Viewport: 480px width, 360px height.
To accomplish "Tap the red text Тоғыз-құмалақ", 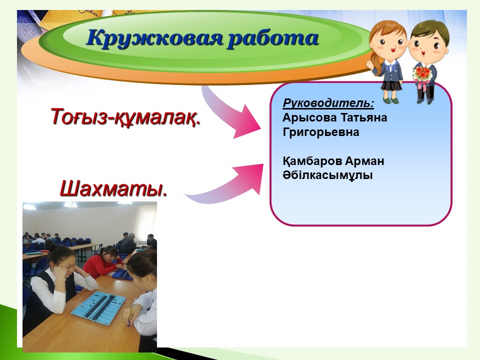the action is click(125, 117).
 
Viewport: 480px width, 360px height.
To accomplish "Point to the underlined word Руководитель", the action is click(328, 103).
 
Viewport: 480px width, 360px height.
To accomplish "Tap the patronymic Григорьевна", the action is click(321, 132).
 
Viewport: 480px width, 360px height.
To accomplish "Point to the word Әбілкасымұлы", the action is click(327, 175).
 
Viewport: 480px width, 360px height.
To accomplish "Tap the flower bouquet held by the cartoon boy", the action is click(422, 75).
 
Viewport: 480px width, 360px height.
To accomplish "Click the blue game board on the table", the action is click(98, 305).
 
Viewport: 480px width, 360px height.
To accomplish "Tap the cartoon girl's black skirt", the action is click(391, 85).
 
